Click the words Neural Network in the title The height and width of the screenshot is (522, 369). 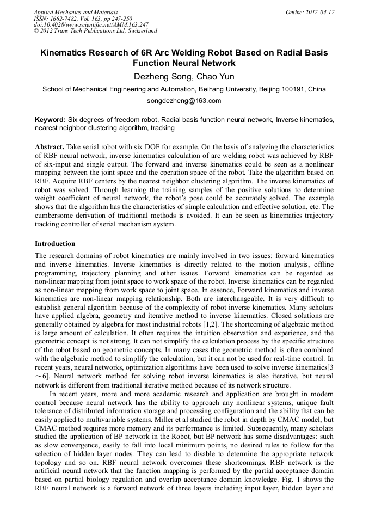coord(204,63)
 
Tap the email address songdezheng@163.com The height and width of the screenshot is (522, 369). coord(184,101)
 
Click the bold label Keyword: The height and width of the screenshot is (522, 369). coord(50,119)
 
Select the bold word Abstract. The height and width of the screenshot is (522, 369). coord(51,148)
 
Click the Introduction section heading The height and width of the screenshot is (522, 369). coord(55,243)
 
